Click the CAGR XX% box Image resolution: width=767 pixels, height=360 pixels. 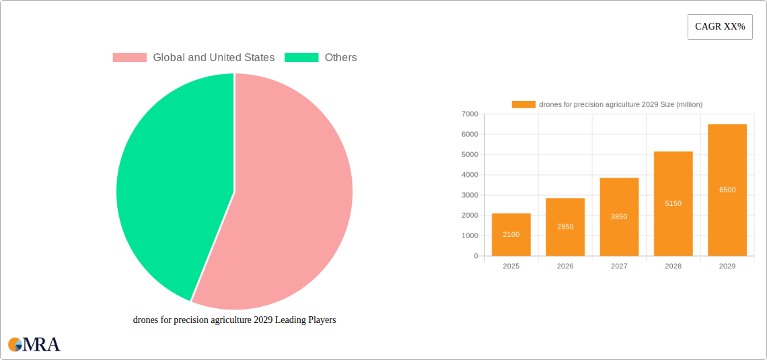(x=720, y=27)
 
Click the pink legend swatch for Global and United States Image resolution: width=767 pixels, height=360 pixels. (x=129, y=58)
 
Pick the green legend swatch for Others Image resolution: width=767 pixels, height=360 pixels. (x=301, y=58)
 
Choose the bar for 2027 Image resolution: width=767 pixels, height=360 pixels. (x=619, y=217)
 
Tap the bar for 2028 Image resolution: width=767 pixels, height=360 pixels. (x=673, y=203)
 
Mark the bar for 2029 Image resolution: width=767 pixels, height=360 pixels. (x=727, y=190)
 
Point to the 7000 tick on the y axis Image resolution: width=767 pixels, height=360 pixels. (x=470, y=114)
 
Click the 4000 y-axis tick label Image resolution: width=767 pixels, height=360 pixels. (x=470, y=175)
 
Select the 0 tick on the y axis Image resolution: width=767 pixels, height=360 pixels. (x=476, y=256)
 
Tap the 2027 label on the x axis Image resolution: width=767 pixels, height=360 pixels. (x=619, y=266)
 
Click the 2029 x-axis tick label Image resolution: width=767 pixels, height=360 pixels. (x=727, y=266)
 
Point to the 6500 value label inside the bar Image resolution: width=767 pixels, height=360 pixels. (x=727, y=190)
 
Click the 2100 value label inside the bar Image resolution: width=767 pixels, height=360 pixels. (x=511, y=234)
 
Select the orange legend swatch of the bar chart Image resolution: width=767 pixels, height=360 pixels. (x=523, y=104)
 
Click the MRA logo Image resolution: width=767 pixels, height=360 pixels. (x=34, y=345)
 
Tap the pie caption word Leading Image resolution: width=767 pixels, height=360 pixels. (x=287, y=320)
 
